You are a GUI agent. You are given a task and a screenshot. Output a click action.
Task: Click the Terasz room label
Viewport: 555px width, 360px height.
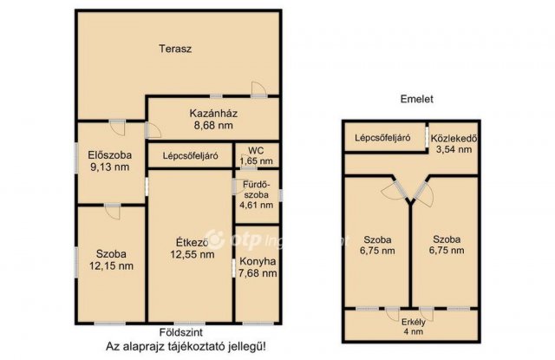[174, 49]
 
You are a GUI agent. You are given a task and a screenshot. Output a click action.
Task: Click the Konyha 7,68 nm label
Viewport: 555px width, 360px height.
[258, 266]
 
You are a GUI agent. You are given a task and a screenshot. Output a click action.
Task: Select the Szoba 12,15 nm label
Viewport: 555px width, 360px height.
[111, 260]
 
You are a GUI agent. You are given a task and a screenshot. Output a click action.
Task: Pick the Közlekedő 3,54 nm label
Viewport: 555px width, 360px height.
[454, 143]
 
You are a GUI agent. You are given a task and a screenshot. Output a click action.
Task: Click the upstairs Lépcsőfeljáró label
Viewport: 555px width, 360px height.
[382, 137]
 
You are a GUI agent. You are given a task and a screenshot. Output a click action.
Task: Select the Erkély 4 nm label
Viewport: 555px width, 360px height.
[412, 326]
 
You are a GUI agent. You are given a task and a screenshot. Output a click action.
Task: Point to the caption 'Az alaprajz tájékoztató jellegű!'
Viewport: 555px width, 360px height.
[174, 347]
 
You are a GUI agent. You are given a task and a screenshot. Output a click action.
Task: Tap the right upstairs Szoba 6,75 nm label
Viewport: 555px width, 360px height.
[447, 245]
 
